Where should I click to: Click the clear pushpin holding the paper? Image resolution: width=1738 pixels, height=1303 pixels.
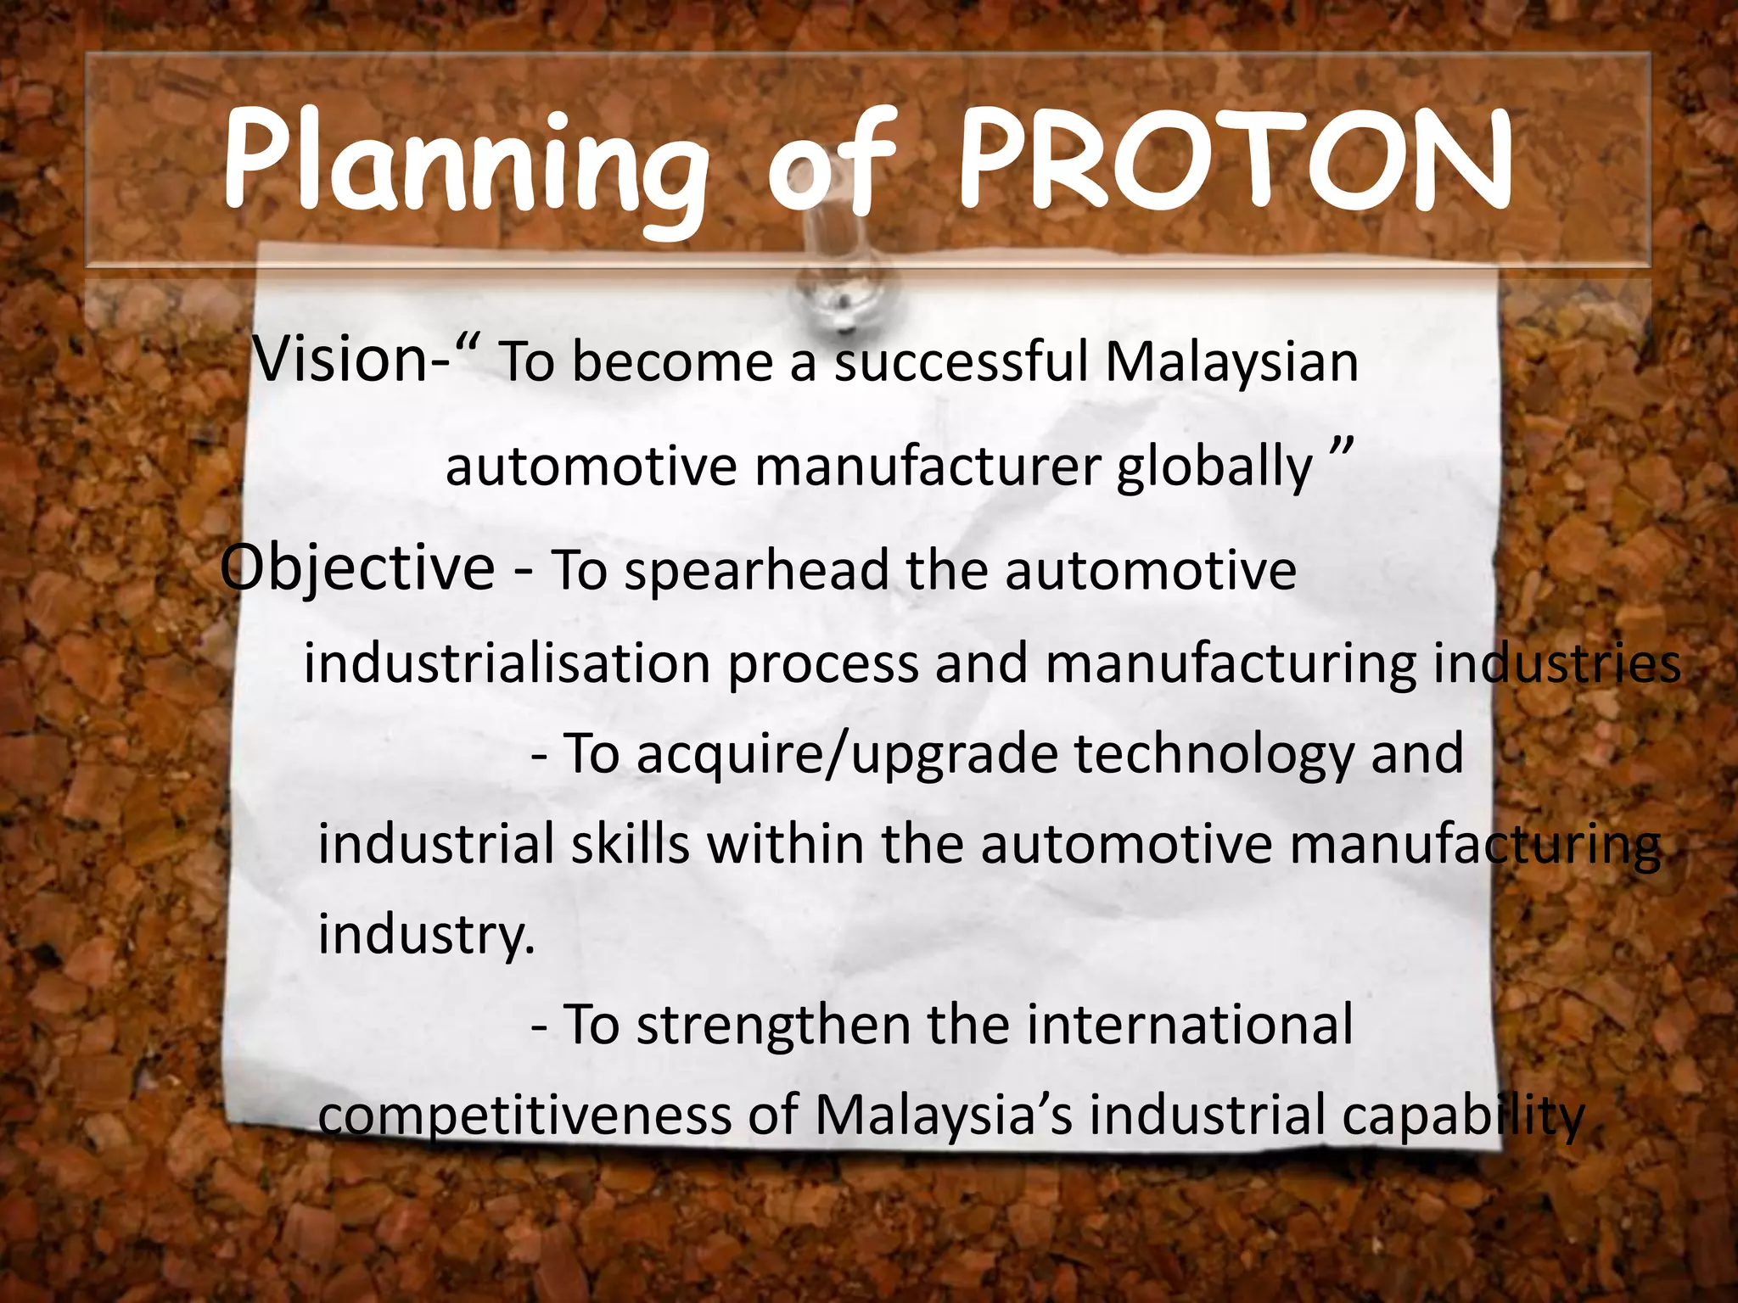[x=836, y=280]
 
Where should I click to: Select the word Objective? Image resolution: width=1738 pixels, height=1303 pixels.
[x=357, y=568]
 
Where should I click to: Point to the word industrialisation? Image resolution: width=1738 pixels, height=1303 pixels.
[x=507, y=663]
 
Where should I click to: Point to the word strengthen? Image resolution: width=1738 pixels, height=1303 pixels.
[x=773, y=1025]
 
